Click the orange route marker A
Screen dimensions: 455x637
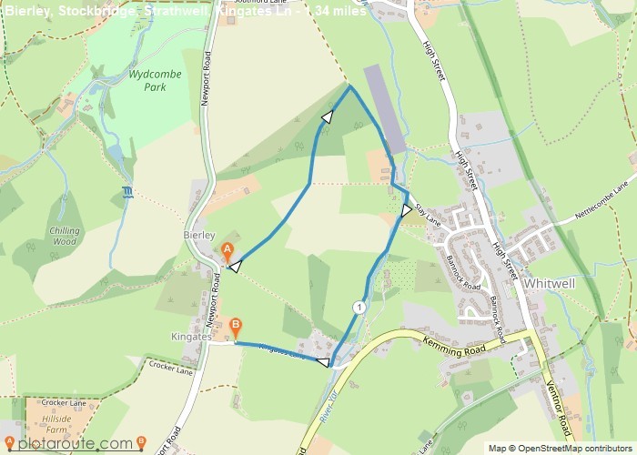pyautogui.click(x=227, y=250)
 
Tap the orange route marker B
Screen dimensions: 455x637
pyautogui.click(x=236, y=325)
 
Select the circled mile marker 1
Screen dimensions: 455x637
pyautogui.click(x=359, y=308)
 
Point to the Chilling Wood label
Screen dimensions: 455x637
pyautogui.click(x=65, y=237)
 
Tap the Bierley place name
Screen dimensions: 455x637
pyautogui.click(x=198, y=234)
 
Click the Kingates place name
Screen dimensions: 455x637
pyautogui.click(x=191, y=337)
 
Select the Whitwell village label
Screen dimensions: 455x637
pyautogui.click(x=551, y=284)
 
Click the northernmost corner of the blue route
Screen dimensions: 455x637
pyautogui.click(x=350, y=86)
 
